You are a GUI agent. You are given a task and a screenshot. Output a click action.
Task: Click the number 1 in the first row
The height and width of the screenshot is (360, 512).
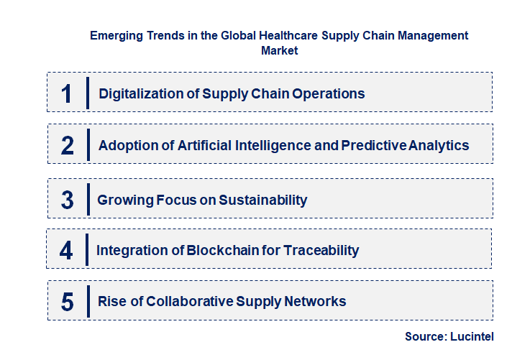67,94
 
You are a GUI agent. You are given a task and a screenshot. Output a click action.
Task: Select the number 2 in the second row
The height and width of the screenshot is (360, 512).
68,146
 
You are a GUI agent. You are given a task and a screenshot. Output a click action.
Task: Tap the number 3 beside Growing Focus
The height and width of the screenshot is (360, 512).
68,200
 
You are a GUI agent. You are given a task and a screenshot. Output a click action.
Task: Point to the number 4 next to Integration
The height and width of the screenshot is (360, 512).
67,250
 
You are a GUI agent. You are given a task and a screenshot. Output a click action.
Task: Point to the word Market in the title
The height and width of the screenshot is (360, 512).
280,51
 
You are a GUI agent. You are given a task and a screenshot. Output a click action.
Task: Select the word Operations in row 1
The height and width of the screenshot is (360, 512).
329,94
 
